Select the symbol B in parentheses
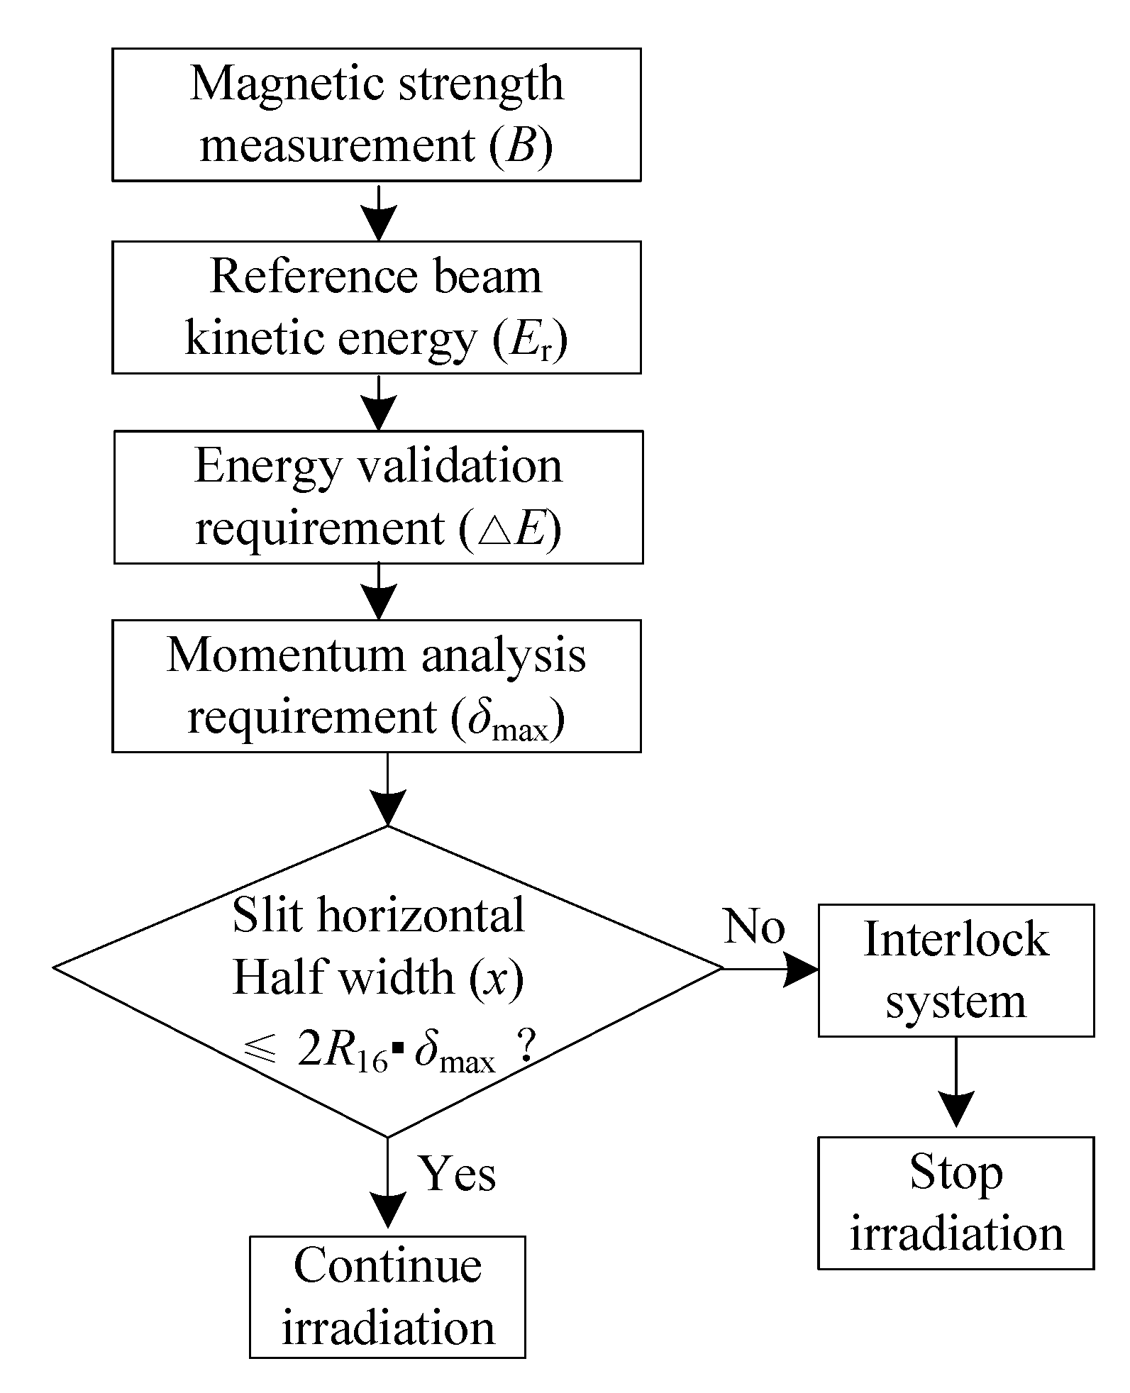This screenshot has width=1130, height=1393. tap(521, 146)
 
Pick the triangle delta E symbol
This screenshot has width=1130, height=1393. tap(511, 530)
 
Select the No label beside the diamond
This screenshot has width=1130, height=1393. tap(753, 928)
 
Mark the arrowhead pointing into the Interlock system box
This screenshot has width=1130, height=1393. tap(802, 970)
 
